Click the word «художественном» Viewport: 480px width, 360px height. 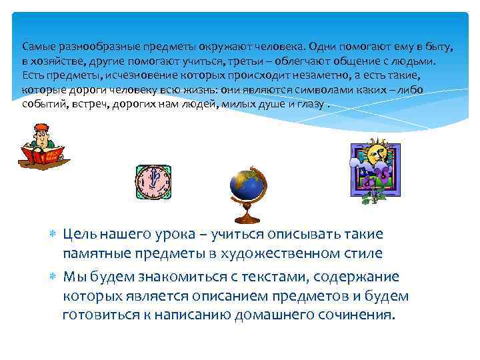278,253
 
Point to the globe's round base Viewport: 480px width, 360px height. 248,219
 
